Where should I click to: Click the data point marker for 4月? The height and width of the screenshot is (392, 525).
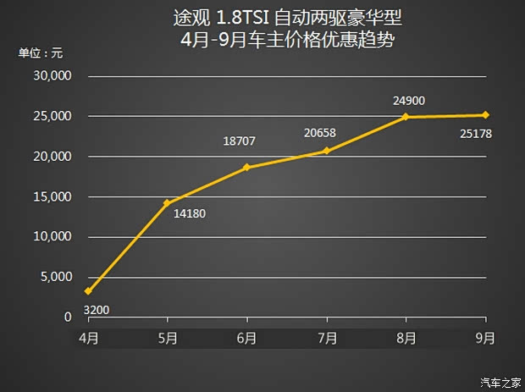[88, 291]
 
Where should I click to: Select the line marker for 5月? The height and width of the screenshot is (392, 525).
[168, 203]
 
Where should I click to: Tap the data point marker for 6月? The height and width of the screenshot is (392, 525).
[247, 167]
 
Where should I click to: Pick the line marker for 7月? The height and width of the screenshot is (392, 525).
[327, 151]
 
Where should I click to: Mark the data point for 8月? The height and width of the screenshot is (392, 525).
[406, 117]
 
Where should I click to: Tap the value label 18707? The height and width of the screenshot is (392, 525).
[240, 142]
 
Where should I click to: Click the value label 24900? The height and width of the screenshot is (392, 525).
[408, 102]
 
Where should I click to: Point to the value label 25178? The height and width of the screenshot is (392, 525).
[477, 134]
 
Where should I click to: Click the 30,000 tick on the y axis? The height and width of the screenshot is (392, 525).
[54, 76]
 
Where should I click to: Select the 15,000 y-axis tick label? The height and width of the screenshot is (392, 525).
[54, 196]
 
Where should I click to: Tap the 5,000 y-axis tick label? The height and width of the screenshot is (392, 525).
[58, 277]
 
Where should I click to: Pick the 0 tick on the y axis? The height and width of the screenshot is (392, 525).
[69, 317]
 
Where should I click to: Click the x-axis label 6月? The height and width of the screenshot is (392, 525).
[246, 338]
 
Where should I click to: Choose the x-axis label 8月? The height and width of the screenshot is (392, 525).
[406, 338]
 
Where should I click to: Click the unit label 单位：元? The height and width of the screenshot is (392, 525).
[41, 52]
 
